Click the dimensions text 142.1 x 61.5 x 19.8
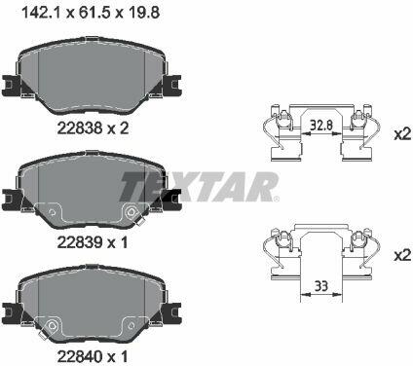coord(90,14)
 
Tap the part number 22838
coord(80,128)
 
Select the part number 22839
coord(80,242)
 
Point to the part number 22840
coord(80,356)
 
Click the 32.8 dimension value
coord(321,126)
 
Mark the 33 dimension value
coord(321,286)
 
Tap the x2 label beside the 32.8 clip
coord(402,134)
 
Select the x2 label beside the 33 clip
coord(402,256)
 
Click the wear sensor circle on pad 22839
coord(131,212)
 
